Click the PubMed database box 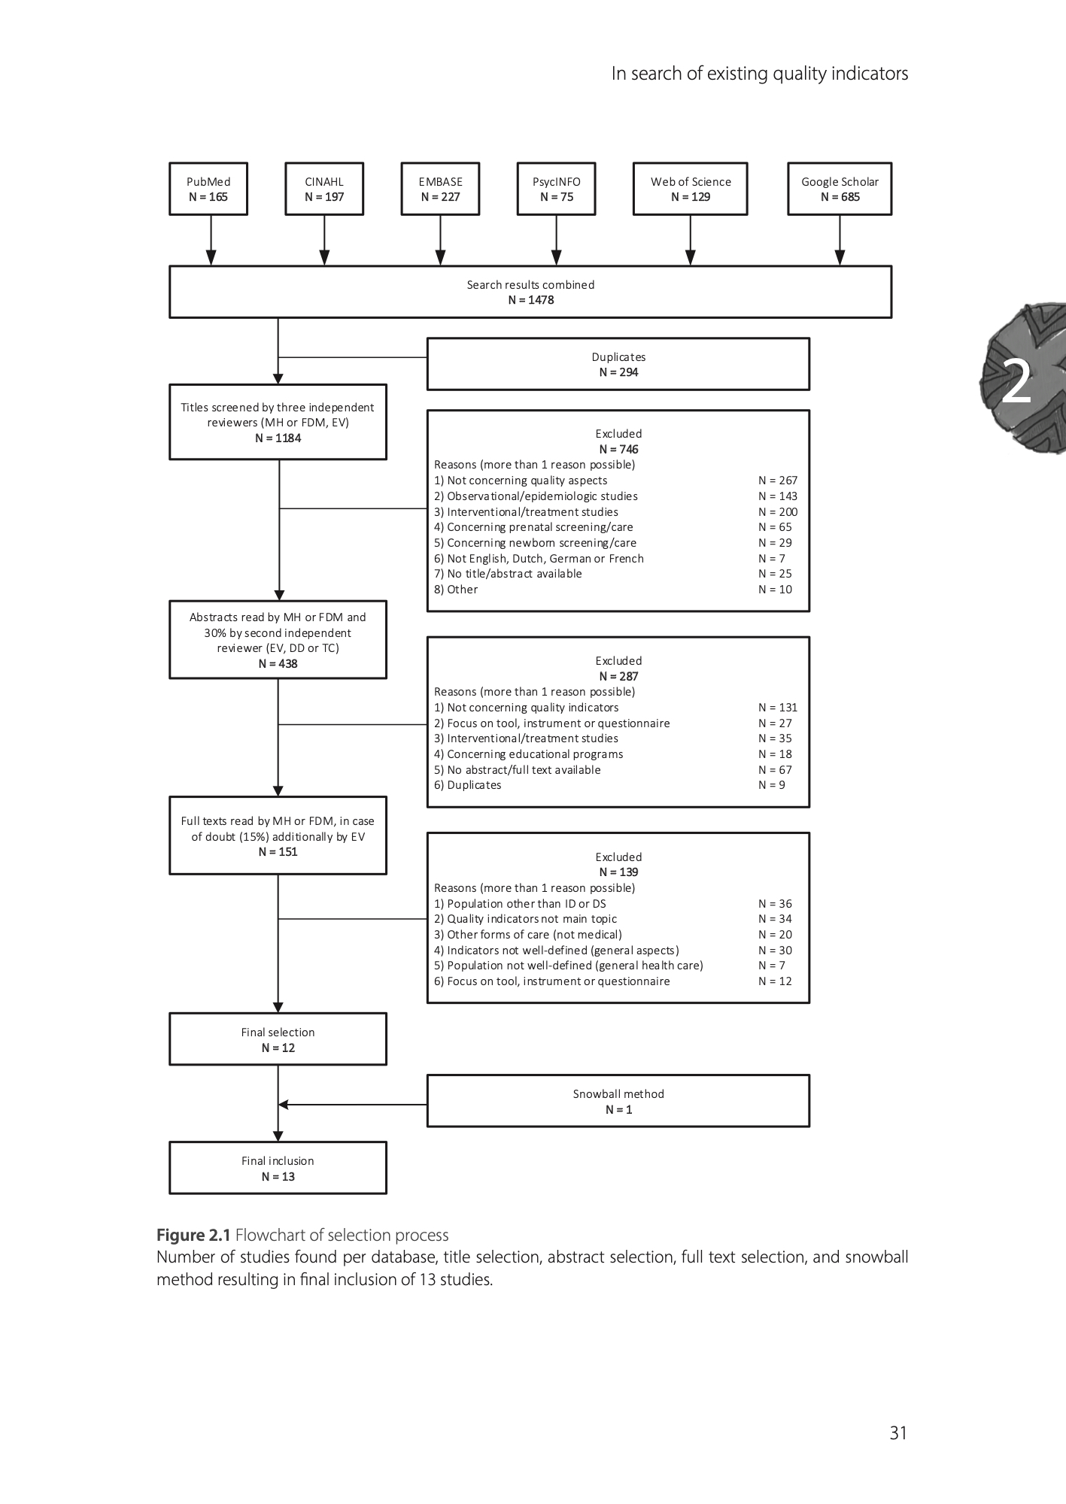(208, 189)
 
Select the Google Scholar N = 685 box (840, 189)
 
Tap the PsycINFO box (556, 189)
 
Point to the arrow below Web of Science (691, 241)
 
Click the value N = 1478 (530, 300)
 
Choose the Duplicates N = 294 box (618, 364)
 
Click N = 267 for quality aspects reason (778, 481)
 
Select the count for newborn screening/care (775, 543)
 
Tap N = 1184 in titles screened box (278, 438)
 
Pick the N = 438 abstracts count (278, 664)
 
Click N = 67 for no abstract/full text (775, 770)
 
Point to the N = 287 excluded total (618, 677)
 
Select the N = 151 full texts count (278, 852)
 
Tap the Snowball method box (618, 1101)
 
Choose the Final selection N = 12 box (278, 1039)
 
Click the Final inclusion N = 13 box (278, 1168)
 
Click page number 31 (898, 1433)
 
